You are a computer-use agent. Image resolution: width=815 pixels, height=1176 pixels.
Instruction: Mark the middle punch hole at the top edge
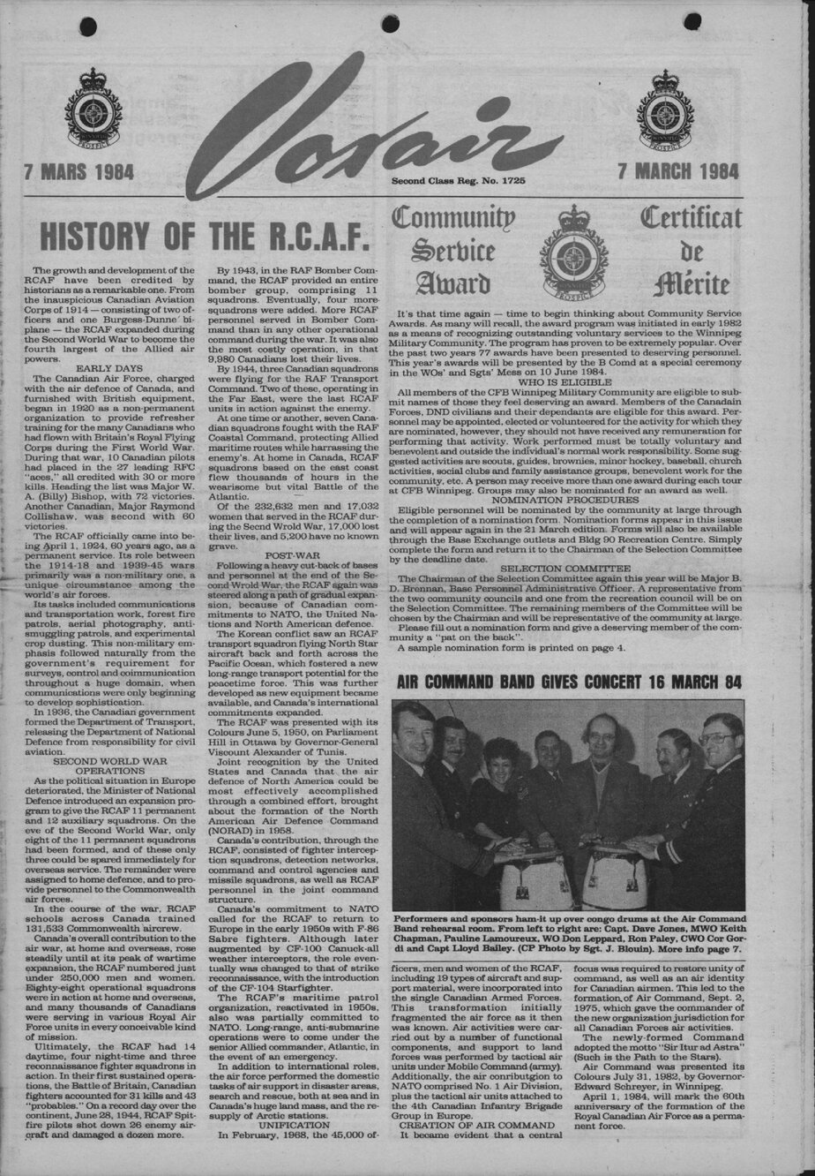point(389,24)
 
